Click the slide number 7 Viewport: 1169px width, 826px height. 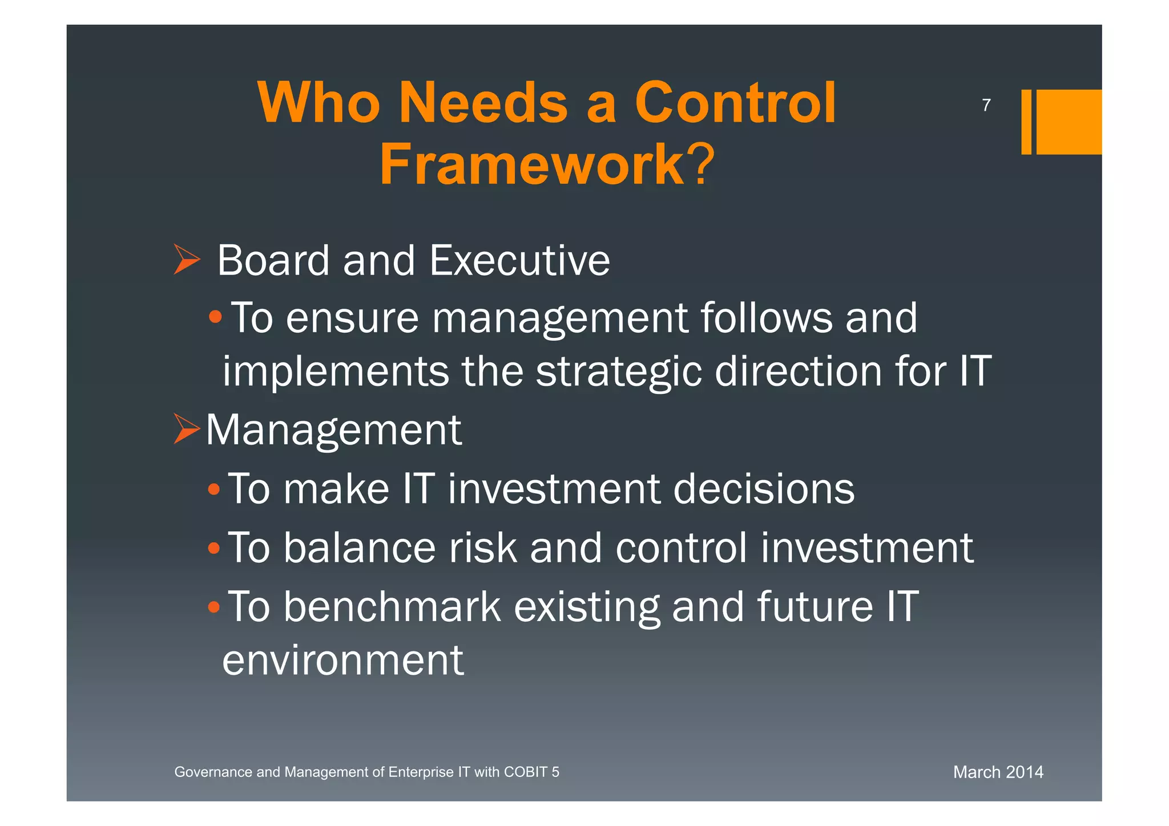[x=986, y=105]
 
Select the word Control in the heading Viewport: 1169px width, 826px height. [x=735, y=103]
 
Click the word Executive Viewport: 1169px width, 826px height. [x=519, y=260]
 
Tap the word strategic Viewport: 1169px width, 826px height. [x=618, y=371]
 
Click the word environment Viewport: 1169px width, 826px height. [x=342, y=660]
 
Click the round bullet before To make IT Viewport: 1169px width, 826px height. [x=213, y=489]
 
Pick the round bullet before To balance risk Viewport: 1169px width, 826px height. [x=213, y=548]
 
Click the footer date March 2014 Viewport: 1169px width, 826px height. [x=998, y=772]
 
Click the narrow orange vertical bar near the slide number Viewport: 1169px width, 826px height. [x=1026, y=122]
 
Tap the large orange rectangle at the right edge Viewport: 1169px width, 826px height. [x=1069, y=122]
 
